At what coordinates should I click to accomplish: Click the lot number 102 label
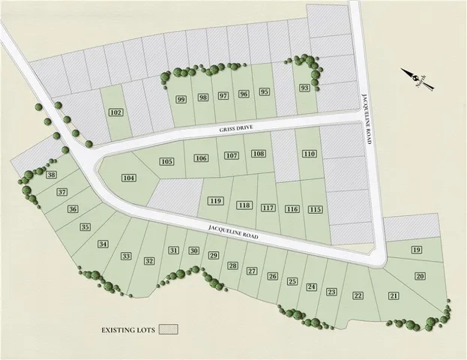pos(115,112)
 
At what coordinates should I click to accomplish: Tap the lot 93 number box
pos(304,88)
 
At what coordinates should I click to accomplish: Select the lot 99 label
pos(181,99)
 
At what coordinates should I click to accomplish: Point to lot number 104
pos(129,178)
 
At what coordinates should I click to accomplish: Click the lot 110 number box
pos(308,154)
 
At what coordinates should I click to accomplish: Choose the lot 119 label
pos(217,201)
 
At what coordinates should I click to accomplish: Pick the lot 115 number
pos(316,210)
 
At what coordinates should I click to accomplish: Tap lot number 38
pos(51,175)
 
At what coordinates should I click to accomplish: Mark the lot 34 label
pos(103,244)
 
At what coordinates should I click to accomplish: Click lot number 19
pos(417,250)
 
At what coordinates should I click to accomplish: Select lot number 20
pos(420,277)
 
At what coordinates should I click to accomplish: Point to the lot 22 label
pos(358,295)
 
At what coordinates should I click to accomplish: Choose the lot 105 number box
pos(166,162)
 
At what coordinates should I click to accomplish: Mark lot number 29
pos(213,256)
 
